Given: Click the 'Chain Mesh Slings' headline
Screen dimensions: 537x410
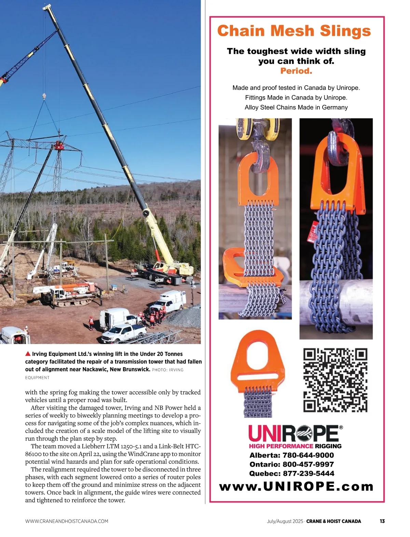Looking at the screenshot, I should [294, 31].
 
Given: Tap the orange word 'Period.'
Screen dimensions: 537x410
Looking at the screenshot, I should [296, 71].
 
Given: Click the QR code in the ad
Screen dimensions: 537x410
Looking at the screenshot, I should [335, 380].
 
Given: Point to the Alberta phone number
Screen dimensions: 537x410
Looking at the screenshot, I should [291, 455].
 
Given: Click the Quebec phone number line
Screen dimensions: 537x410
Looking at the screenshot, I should [291, 474].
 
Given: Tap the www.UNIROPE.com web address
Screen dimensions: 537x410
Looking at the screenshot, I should [296, 486].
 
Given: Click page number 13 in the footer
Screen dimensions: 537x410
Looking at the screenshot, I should [382, 521].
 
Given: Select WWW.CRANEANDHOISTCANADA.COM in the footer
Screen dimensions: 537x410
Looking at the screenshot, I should [67, 521].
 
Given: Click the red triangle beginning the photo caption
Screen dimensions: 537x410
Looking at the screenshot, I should [28, 354].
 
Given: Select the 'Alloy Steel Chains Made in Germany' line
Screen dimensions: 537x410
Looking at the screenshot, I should [296, 107].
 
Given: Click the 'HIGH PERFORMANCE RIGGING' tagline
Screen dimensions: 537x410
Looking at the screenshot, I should [295, 446].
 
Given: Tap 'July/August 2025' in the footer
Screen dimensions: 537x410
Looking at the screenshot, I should [285, 521].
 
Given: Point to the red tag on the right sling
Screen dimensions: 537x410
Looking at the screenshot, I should [312, 233].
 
